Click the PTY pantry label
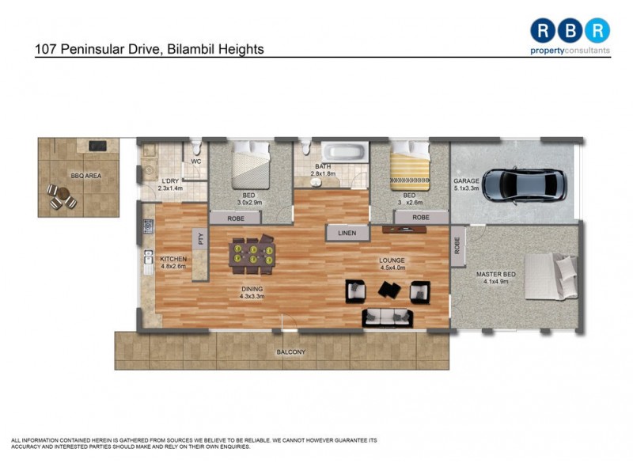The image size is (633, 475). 201,240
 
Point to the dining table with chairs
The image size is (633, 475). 252,253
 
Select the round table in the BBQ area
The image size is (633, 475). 61,196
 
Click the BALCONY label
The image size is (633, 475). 290,351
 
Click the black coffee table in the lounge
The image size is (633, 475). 389,291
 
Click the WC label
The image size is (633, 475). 196,163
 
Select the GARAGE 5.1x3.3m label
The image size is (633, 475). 467,184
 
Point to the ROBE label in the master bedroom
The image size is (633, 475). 457,245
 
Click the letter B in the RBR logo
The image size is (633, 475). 570,30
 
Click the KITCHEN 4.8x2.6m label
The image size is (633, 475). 173,263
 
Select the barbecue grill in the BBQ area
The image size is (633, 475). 97,146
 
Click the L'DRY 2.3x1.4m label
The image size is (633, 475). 169,184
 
